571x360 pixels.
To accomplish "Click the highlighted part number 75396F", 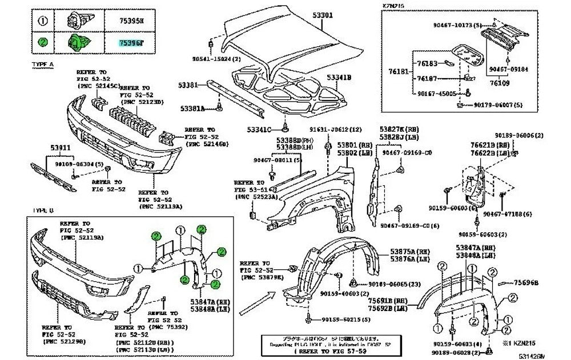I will (131, 43).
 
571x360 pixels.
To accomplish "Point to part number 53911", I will (58, 149).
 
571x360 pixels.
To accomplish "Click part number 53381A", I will (194, 107).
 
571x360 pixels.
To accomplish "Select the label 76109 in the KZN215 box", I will (499, 84).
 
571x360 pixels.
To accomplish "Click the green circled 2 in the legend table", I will (43, 43).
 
